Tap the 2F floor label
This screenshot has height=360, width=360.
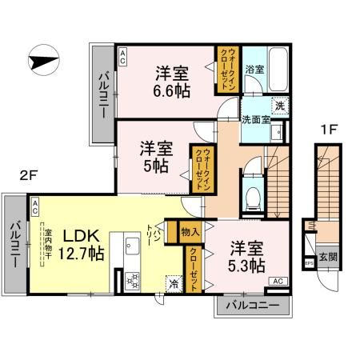tap(30, 172)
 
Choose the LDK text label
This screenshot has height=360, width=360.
tap(80, 236)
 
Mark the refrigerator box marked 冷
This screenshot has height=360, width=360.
tap(173, 282)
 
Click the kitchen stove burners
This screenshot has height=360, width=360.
tap(131, 281)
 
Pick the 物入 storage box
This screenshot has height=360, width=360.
tap(190, 233)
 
